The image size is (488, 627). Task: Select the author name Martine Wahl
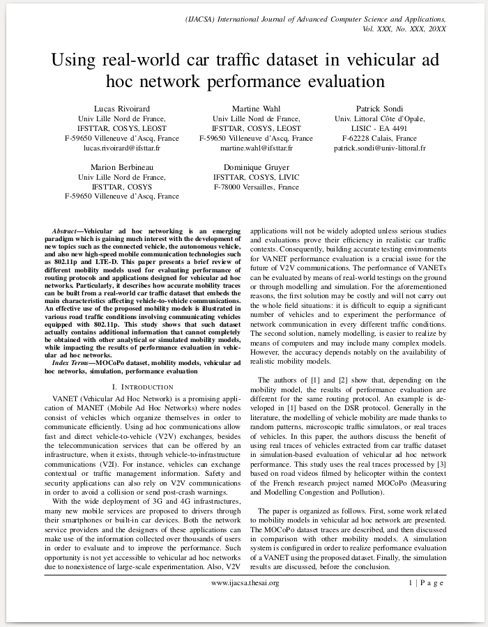257,109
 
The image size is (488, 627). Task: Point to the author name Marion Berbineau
122,167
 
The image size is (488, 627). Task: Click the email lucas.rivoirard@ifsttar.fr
122,148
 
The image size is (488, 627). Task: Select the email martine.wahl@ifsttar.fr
257,148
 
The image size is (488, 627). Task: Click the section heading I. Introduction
143,386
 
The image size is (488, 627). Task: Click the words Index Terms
70,364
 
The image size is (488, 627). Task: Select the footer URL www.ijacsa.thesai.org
245,582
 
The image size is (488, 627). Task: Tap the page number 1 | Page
425,582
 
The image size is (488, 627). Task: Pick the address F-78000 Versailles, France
257,187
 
